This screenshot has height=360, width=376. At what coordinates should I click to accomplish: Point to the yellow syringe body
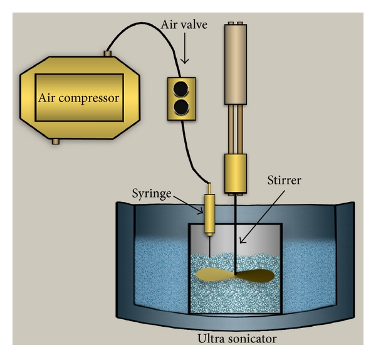click(209, 204)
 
